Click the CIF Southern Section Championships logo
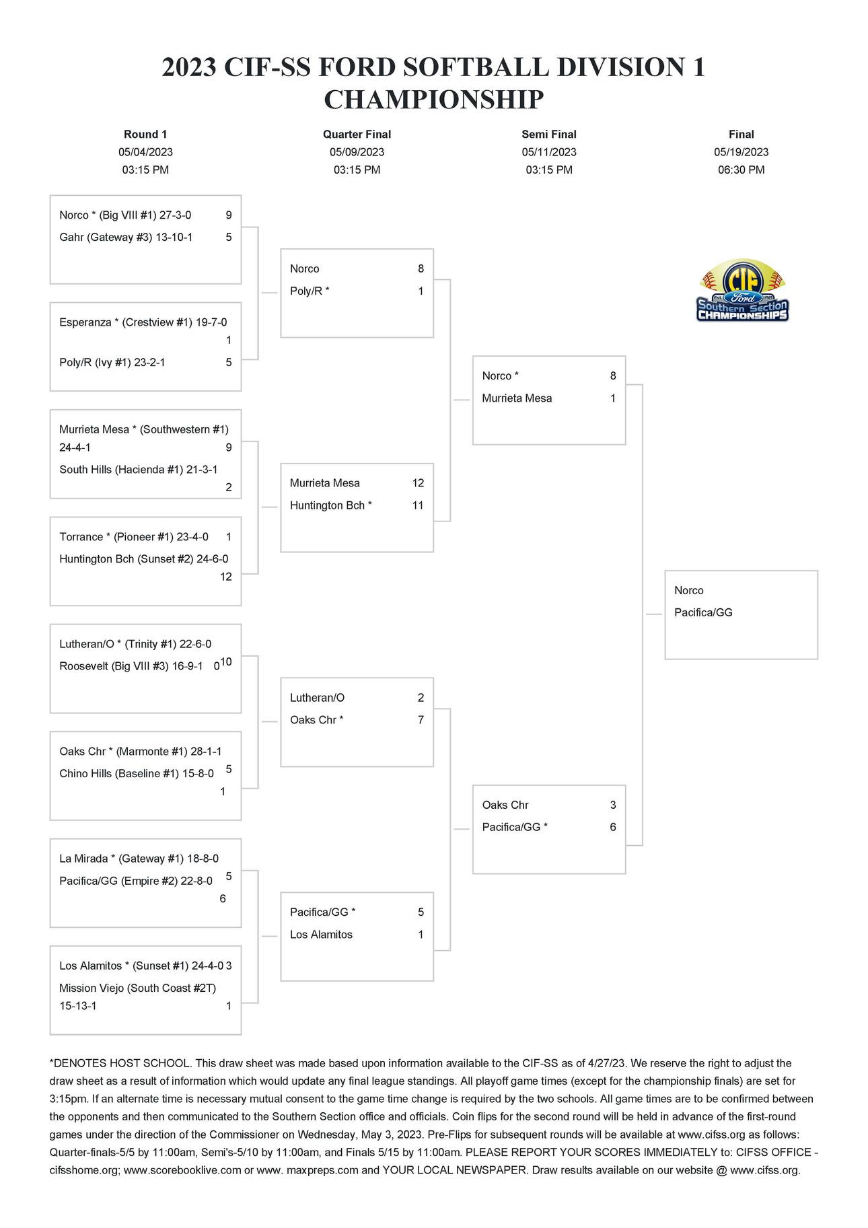tap(742, 291)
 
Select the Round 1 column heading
tap(145, 135)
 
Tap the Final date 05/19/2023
tap(741, 152)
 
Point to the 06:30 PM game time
tap(741, 170)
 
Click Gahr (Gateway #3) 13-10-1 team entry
tap(126, 237)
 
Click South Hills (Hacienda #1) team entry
tap(138, 470)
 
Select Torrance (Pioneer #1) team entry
tap(133, 537)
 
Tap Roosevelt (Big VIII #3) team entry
tap(131, 666)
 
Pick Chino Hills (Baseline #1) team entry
tap(136, 774)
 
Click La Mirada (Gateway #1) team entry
tap(139, 859)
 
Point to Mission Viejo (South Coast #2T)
tap(137, 988)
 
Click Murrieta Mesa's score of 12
tap(418, 483)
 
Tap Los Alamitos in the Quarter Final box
tap(321, 935)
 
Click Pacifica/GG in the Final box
tap(703, 612)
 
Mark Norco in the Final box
tap(688, 590)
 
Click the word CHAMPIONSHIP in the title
tap(433, 100)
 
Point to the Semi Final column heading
tap(549, 135)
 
